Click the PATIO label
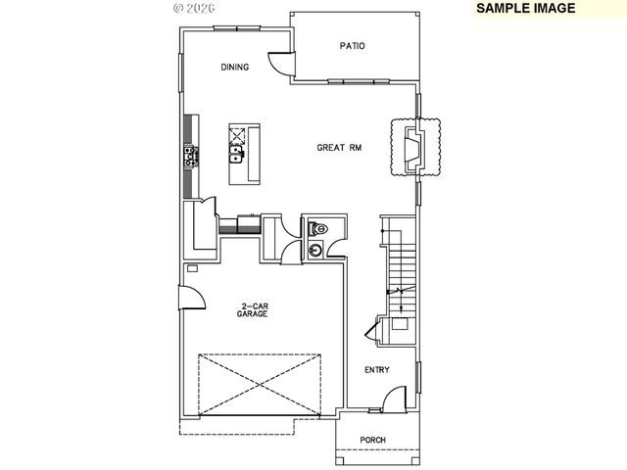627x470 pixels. pyautogui.click(x=352, y=45)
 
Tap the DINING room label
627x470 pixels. pyautogui.click(x=234, y=68)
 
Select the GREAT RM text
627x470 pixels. pyautogui.click(x=339, y=148)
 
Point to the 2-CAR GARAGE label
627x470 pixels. pyautogui.click(x=254, y=310)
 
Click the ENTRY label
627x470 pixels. pyautogui.click(x=376, y=369)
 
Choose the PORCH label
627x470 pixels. pyautogui.click(x=371, y=440)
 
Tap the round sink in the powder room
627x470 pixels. pyautogui.click(x=315, y=251)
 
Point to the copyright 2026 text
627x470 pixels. pyautogui.click(x=195, y=7)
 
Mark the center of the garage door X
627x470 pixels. pyautogui.click(x=261, y=384)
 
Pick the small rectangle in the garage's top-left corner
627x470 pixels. pyautogui.click(x=192, y=267)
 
